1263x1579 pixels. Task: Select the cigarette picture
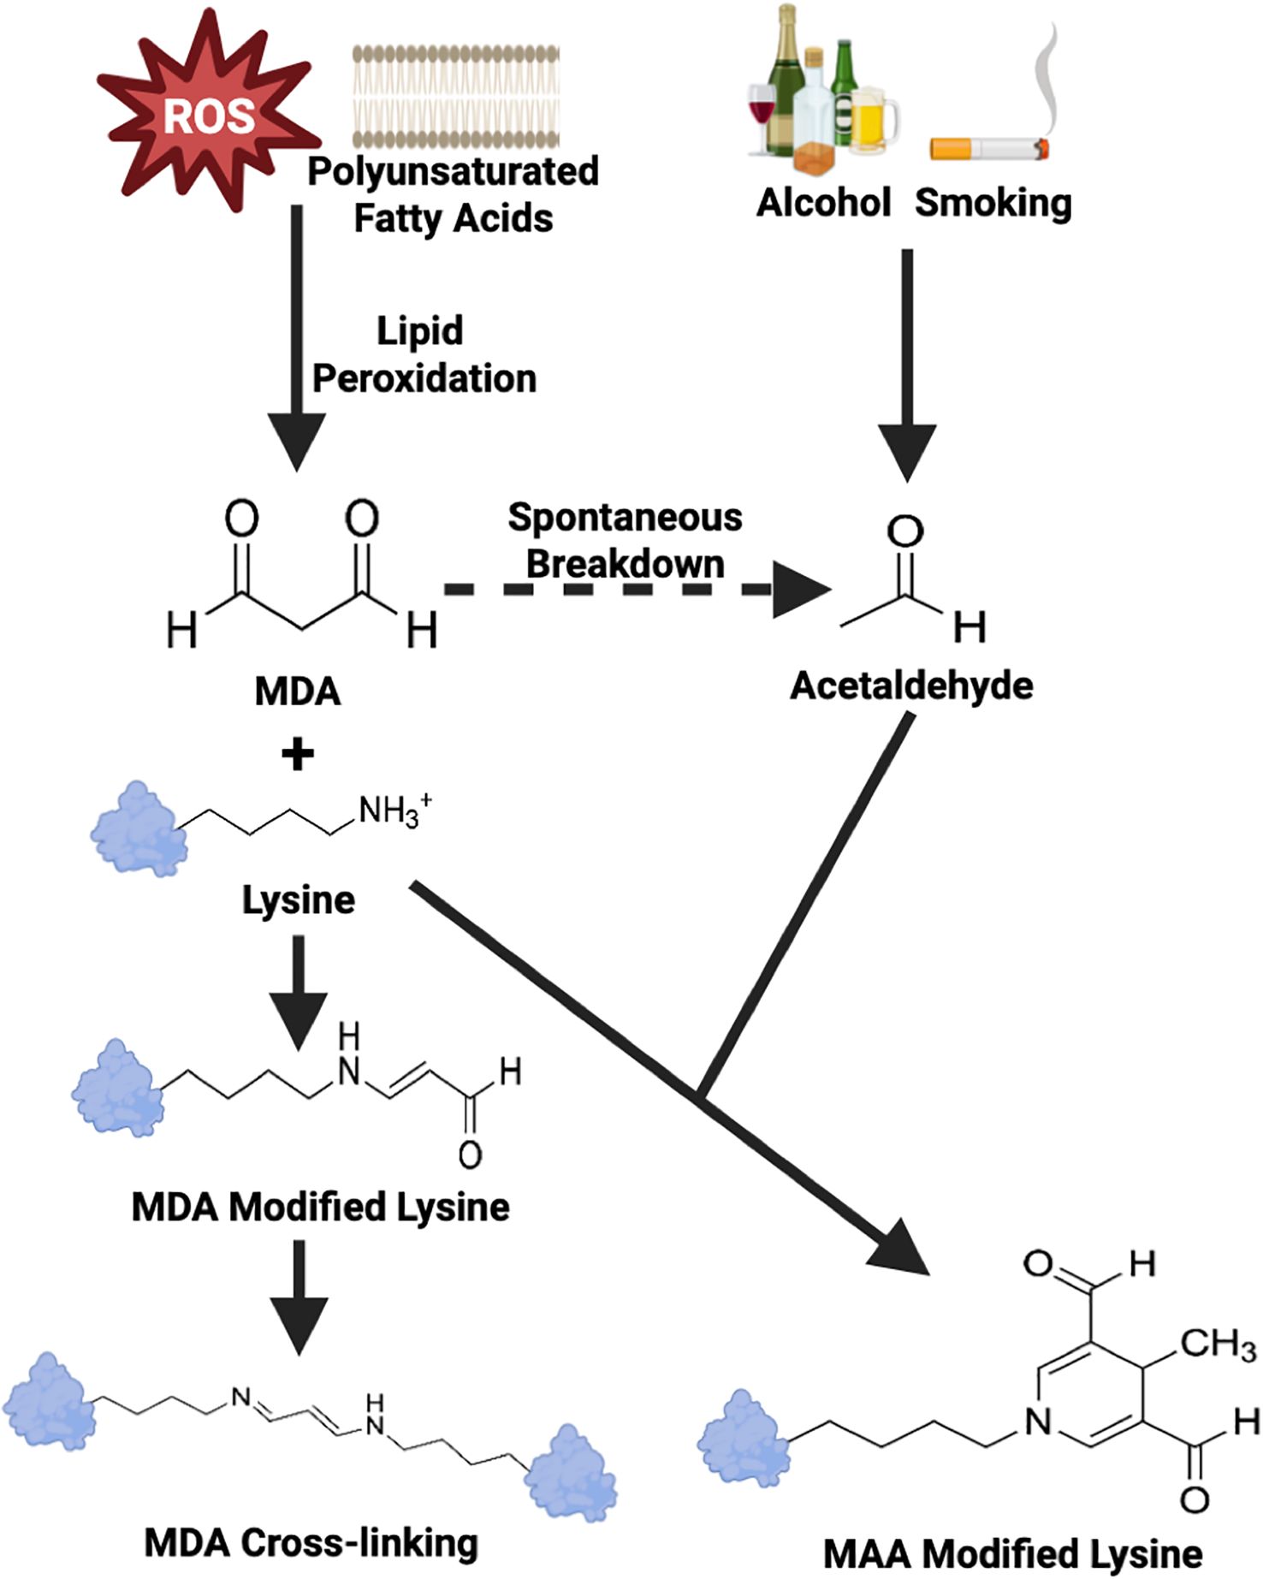pyautogui.click(x=990, y=149)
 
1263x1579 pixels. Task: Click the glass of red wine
pyautogui.click(x=761, y=116)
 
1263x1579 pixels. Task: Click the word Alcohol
pyautogui.click(x=823, y=204)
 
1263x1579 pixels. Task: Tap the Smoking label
pyautogui.click(x=993, y=204)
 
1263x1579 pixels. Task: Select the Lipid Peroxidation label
pyautogui.click(x=424, y=354)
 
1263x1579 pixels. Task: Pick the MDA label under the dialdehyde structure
pyautogui.click(x=298, y=691)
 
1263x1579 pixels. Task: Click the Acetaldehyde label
pyautogui.click(x=911, y=686)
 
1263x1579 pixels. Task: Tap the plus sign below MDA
pyautogui.click(x=297, y=754)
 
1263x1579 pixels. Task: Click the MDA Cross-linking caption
pyautogui.click(x=311, y=1543)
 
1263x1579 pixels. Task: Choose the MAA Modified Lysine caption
pyautogui.click(x=1012, y=1553)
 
